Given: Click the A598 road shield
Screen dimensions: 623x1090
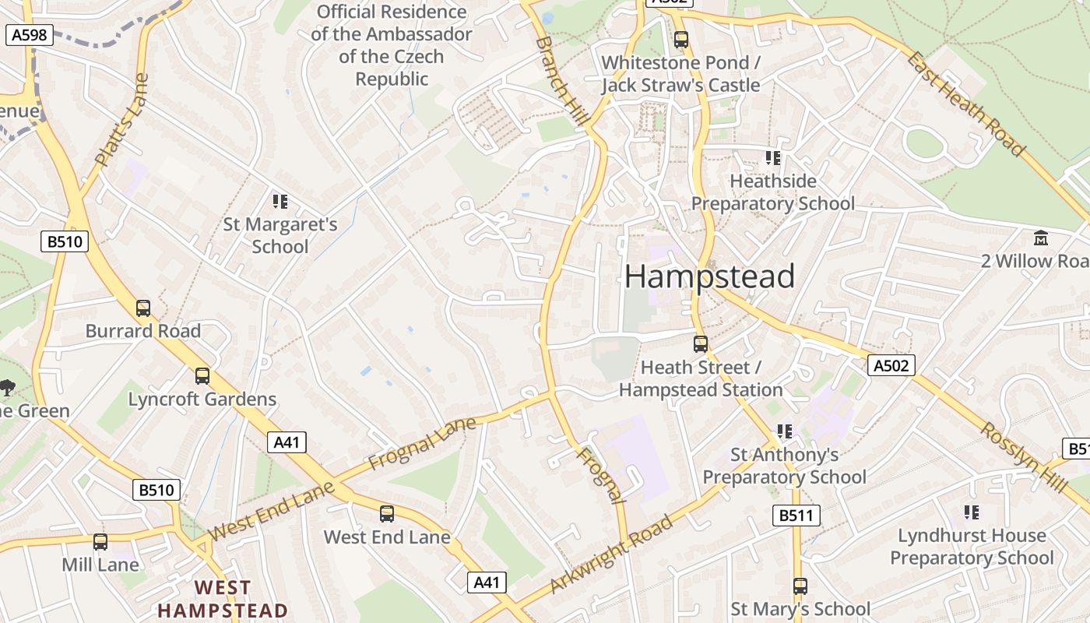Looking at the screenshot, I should pos(30,34).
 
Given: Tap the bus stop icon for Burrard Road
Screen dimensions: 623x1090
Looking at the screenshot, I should pos(143,308).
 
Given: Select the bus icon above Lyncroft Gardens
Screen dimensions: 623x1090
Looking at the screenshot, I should pos(202,376).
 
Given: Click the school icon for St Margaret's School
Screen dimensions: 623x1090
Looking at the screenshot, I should pos(280,202).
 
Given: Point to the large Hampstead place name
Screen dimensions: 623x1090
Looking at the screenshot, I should pos(709,276).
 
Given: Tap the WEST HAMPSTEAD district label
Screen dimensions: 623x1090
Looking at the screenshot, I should pos(223,599).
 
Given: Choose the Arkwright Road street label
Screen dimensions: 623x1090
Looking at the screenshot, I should pos(611,554).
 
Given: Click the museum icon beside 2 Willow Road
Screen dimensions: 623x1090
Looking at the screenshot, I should pos(1041,238).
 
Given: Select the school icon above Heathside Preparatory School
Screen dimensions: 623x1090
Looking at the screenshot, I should pos(772,158).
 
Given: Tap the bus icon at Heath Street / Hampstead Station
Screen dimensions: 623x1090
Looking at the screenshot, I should pos(701,343).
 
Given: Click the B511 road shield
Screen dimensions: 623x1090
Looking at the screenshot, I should pos(796,515).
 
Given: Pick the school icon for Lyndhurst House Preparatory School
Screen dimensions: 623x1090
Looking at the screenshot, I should pos(971,512).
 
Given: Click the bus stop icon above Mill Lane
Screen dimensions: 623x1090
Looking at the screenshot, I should pos(100,541).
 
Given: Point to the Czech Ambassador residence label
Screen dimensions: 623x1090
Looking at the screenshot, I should pos(391,45).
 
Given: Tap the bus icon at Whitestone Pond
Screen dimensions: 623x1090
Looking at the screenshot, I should pos(681,39).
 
